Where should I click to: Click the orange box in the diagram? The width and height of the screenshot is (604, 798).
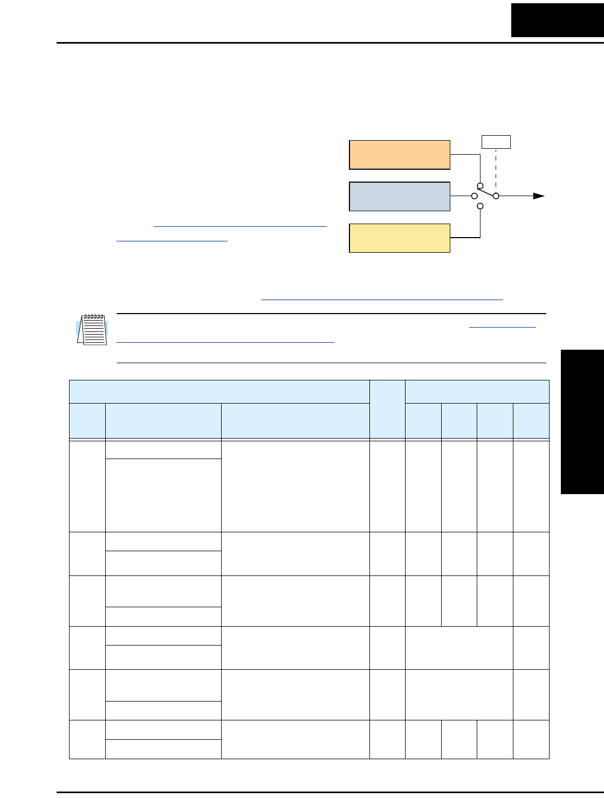tap(400, 155)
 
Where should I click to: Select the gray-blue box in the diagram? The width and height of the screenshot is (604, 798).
tap(400, 197)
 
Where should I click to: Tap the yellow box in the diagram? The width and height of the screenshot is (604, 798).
tap(400, 238)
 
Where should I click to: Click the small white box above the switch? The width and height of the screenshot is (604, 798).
tap(496, 142)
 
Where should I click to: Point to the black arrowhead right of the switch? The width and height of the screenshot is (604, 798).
tap(539, 196)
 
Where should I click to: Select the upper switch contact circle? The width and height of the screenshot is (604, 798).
tap(480, 186)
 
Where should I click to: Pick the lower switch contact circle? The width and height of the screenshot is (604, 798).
tap(480, 206)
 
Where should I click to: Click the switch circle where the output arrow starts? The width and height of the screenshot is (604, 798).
tap(497, 196)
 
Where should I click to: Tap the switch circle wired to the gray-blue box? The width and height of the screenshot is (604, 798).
tap(474, 196)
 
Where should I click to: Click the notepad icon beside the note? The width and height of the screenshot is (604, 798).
tap(92, 329)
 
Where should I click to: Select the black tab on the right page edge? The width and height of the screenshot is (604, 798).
tap(582, 421)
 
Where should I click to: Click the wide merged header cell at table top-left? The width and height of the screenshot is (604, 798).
tap(219, 392)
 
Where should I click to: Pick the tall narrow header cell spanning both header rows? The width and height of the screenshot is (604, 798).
tap(387, 410)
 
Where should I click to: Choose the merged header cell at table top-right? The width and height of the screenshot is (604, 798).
tap(477, 392)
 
